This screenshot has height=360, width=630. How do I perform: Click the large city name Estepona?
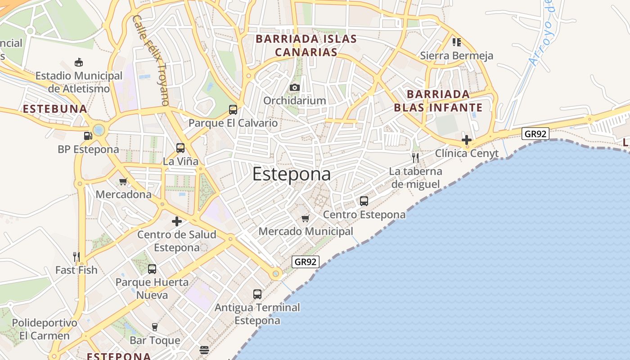(291, 174)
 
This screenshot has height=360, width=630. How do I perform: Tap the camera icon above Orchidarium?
(295, 87)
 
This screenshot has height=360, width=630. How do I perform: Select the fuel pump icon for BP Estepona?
(88, 135)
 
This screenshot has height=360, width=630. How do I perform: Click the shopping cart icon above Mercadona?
(123, 181)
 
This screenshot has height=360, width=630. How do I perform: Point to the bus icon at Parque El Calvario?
(233, 109)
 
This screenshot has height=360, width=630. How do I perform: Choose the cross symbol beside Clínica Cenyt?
(467, 139)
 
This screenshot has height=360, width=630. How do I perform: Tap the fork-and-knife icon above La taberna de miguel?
(415, 157)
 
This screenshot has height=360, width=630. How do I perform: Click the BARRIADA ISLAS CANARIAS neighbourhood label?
(306, 45)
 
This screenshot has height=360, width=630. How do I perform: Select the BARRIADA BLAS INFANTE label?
(438, 101)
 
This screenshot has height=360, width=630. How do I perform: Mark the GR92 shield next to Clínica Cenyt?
(535, 134)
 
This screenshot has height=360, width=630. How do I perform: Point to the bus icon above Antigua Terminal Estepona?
(257, 294)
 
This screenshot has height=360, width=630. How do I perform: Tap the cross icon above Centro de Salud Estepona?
(177, 221)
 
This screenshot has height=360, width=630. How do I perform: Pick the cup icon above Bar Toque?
(155, 327)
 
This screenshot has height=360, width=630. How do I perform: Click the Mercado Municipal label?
(306, 231)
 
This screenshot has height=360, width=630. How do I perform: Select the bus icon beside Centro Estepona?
(364, 201)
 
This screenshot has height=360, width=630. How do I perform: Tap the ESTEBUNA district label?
(54, 109)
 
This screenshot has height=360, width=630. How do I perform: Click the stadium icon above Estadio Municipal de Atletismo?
(79, 62)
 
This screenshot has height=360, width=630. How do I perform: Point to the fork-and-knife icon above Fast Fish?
(76, 256)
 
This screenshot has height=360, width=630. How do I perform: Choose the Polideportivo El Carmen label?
(45, 329)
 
